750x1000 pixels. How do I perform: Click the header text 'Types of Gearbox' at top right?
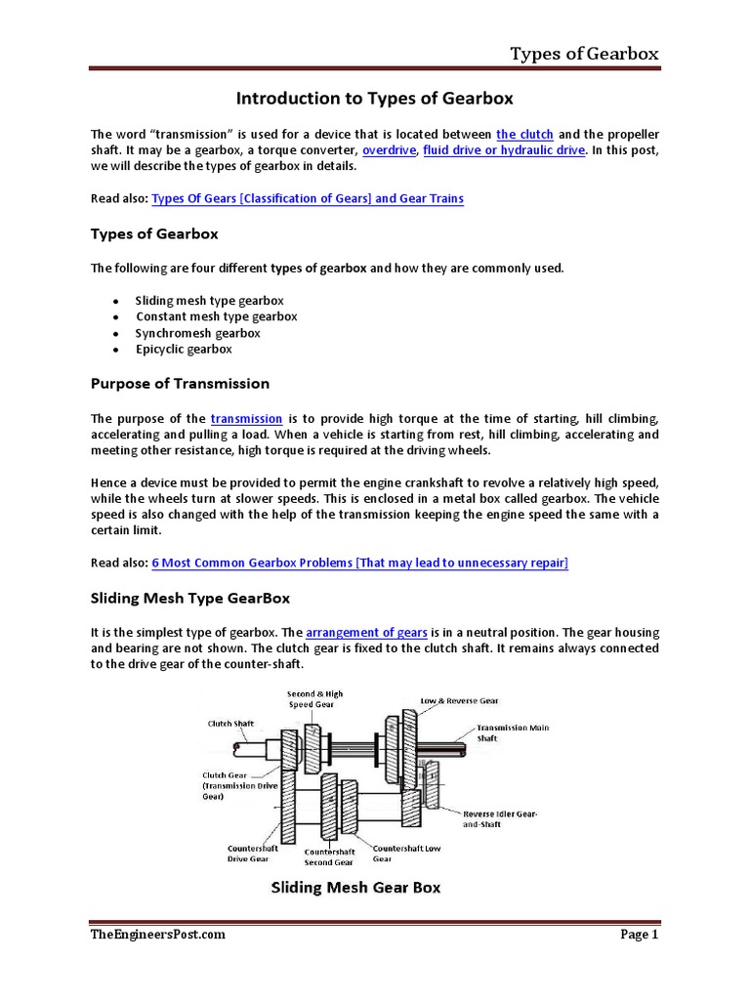(584, 53)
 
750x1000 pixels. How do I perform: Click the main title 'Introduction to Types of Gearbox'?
(374, 99)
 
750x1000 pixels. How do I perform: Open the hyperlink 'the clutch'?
(524, 134)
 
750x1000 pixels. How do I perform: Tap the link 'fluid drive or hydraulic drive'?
(504, 150)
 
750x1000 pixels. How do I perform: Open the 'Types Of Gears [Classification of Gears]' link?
(308, 198)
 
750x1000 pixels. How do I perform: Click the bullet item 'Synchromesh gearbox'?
(197, 333)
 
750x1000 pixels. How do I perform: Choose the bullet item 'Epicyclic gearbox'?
(184, 349)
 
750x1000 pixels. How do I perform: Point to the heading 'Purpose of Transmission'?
(180, 383)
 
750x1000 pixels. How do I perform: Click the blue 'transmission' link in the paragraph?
(246, 418)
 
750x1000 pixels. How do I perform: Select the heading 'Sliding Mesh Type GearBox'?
(189, 597)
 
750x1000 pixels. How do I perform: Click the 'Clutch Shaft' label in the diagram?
(231, 724)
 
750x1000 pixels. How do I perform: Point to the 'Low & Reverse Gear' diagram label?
(459, 700)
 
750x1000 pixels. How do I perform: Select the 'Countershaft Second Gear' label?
(329, 856)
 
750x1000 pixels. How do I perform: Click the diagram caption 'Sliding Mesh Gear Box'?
(354, 888)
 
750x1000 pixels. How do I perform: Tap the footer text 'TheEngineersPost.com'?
(158, 935)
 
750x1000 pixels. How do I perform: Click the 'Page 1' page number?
(640, 935)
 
